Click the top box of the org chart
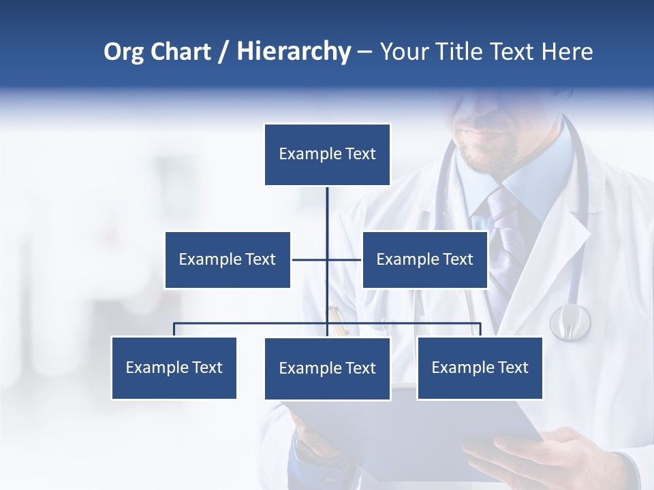327,154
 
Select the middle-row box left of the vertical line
228,259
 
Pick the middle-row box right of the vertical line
424,259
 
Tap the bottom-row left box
174,367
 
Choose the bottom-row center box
327,368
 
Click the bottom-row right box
480,367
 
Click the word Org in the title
123,52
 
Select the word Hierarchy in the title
294,52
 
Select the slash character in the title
223,52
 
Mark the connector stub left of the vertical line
309,259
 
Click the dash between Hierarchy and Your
364,52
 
